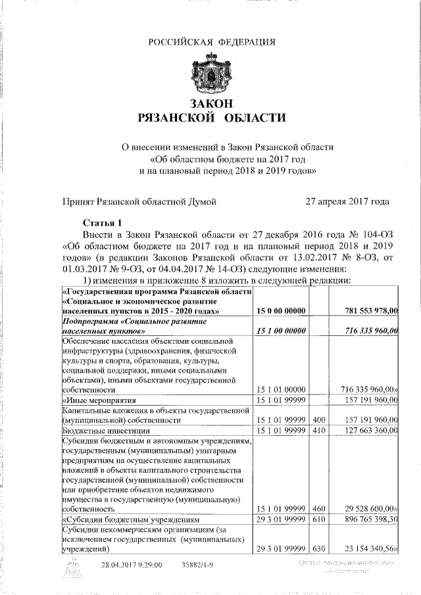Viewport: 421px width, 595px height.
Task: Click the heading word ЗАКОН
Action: [210, 104]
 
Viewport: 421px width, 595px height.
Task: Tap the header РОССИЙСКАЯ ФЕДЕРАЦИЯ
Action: [210, 43]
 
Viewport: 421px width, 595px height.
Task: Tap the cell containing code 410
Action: [318, 431]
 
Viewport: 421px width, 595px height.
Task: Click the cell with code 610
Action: [318, 519]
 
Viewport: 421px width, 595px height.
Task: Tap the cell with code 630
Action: [318, 548]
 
